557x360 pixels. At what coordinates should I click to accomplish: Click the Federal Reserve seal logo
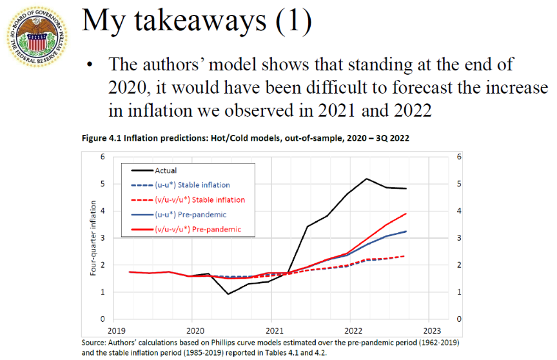tap(37, 37)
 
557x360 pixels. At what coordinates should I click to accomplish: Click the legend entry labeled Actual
tap(166, 170)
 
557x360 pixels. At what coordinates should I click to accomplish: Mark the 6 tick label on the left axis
tap(102, 157)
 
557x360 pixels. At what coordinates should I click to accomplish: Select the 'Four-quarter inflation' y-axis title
tap(93, 239)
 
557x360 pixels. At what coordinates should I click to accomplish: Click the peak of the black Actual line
tap(366, 179)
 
